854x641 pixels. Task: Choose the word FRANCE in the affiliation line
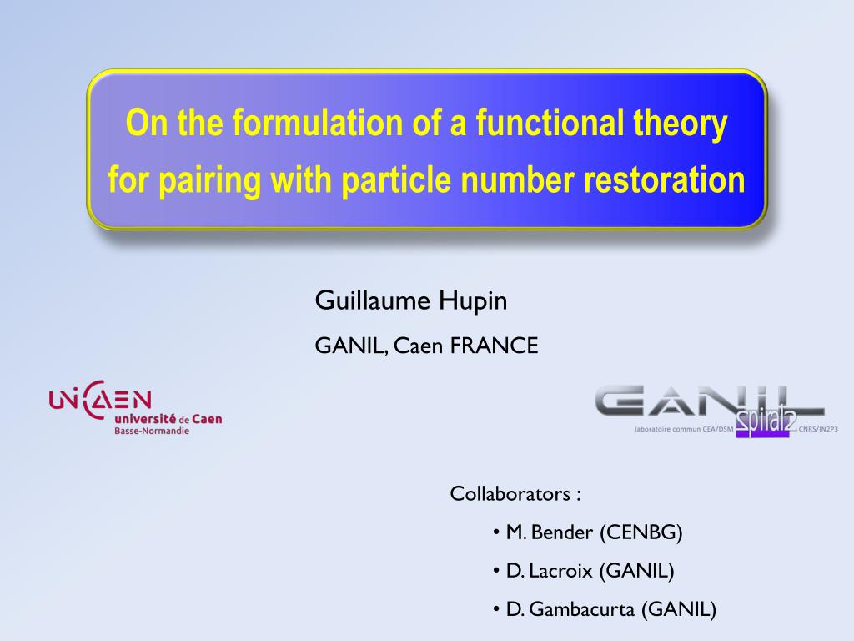tap(495, 346)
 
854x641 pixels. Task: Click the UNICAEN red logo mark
tap(100, 400)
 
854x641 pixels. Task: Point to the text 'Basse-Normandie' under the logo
tap(152, 432)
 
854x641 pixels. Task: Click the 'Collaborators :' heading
tap(515, 493)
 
